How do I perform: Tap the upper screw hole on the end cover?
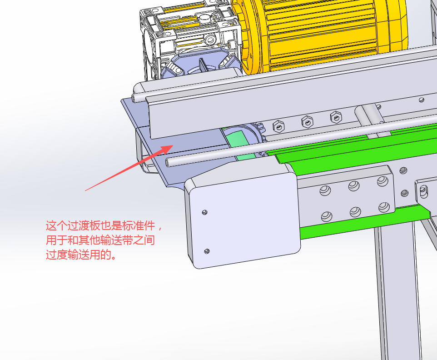pos(205,212)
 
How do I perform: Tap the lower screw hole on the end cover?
pos(207,251)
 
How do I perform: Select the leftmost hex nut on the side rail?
pos(278,126)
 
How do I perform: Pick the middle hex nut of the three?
pos(308,121)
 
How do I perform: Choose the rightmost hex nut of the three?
pos(336,117)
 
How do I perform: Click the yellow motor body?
pos(321,34)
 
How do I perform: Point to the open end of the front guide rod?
pos(168,162)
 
